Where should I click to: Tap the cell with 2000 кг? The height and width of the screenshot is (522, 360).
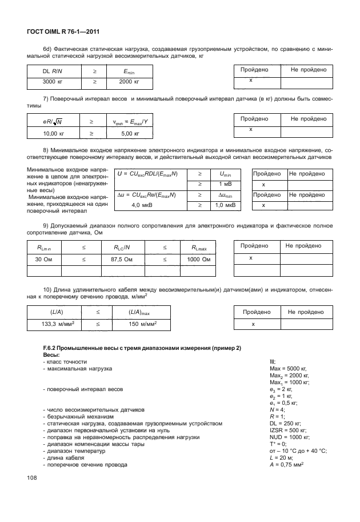point(130,82)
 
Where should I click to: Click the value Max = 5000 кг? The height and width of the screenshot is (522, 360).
point(288,369)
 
